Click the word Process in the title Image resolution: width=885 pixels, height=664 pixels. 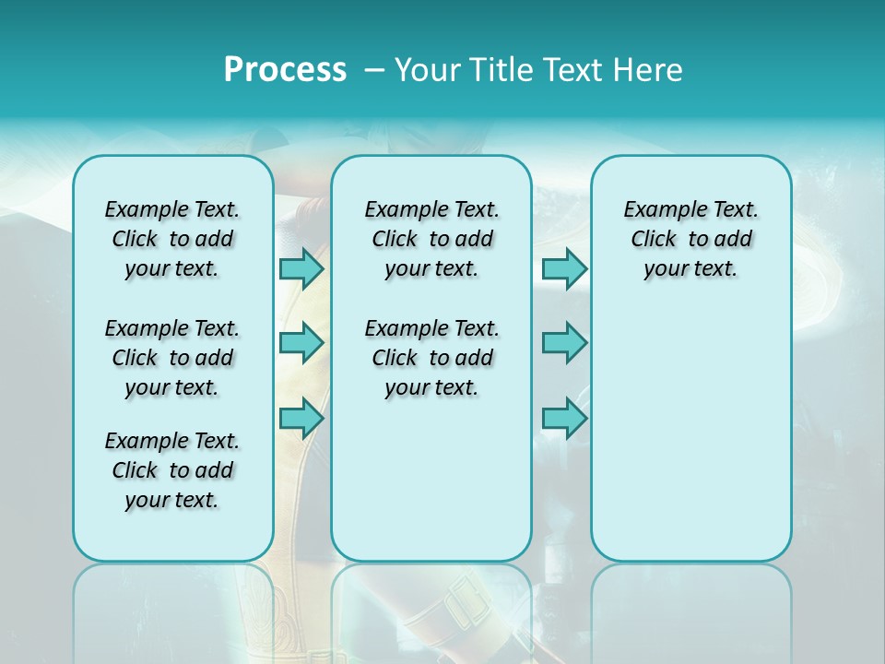pyautogui.click(x=285, y=69)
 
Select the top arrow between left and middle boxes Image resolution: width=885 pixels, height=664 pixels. pyautogui.click(x=301, y=268)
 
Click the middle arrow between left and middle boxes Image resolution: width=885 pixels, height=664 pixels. pyautogui.click(x=301, y=343)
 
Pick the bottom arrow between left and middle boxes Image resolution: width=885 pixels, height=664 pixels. pyautogui.click(x=301, y=418)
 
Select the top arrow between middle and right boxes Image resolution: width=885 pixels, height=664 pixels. pyautogui.click(x=564, y=268)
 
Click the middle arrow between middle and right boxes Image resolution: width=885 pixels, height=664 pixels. pyautogui.click(x=564, y=343)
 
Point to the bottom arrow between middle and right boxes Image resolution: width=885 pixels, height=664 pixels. pyautogui.click(x=564, y=418)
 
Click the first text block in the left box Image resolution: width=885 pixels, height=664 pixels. pyautogui.click(x=172, y=239)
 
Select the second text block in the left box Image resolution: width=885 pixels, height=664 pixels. pyautogui.click(x=172, y=358)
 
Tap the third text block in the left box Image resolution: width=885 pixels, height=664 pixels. pyautogui.click(x=172, y=470)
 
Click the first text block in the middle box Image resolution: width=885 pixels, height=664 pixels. pyautogui.click(x=431, y=239)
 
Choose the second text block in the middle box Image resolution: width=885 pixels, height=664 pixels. pyautogui.click(x=431, y=358)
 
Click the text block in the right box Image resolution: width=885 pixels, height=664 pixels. pyautogui.click(x=690, y=239)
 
